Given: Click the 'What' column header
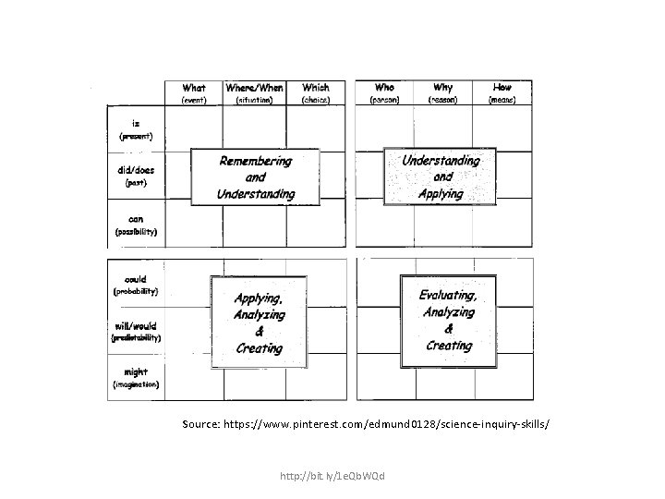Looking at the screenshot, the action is point(194,88).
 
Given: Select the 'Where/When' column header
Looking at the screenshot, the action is point(254,88).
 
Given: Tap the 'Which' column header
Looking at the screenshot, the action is point(315,88).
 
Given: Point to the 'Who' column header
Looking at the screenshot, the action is point(384,87).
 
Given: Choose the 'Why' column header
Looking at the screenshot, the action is point(444,87).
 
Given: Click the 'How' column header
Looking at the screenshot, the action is point(502,87).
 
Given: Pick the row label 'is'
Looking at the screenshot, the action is point(136,121).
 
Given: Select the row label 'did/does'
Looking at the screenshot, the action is point(136,169).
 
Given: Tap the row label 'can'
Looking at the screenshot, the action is point(136,218).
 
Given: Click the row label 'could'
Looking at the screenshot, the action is point(136,278).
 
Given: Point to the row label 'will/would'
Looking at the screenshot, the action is point(136,325).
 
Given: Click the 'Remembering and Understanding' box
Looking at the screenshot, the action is point(256,177).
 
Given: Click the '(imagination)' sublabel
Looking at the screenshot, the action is point(136,383).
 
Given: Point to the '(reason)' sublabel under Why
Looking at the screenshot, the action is point(444,99).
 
